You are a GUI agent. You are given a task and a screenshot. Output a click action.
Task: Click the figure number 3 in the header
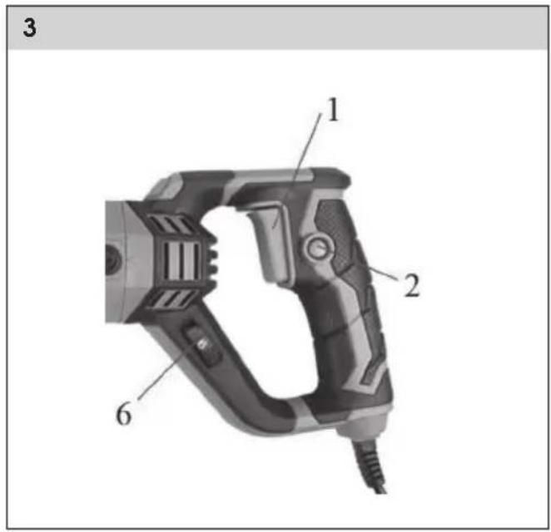click(x=29, y=27)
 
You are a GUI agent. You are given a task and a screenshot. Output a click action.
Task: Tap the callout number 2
click(x=412, y=286)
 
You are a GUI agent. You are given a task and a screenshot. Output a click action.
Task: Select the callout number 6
click(x=124, y=414)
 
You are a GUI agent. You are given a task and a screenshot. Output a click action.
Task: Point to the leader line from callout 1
click(x=297, y=170)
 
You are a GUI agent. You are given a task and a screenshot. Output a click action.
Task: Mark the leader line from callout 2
click(x=384, y=274)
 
